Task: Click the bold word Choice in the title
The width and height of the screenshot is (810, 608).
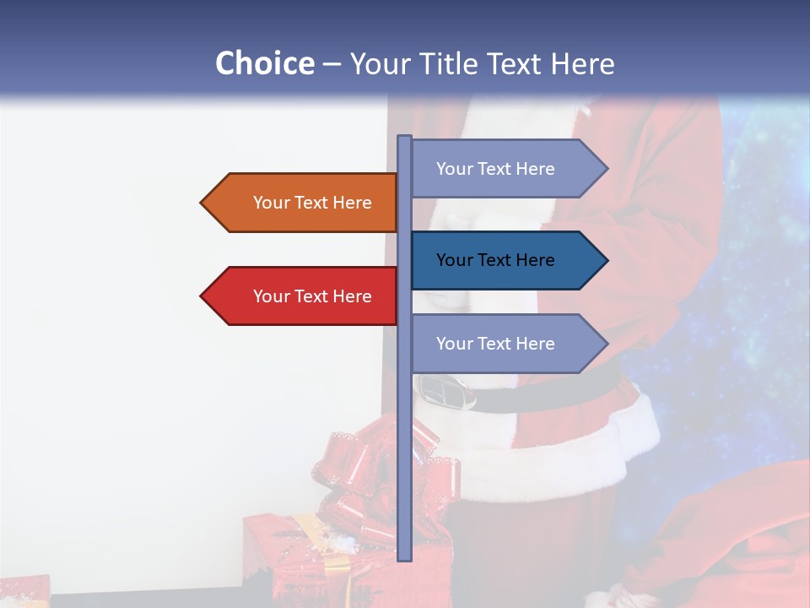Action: coord(264,63)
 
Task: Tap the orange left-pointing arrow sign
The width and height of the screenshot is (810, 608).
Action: coord(304,203)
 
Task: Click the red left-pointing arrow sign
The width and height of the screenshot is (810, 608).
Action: coord(304,296)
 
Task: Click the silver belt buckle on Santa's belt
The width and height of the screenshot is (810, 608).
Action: coord(445,391)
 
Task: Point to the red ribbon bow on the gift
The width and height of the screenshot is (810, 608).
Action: coord(371,481)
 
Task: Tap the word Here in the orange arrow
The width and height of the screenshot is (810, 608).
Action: coord(352,203)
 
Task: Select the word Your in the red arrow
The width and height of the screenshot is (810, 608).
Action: coord(271,296)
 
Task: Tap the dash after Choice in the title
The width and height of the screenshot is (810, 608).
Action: coord(332,64)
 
